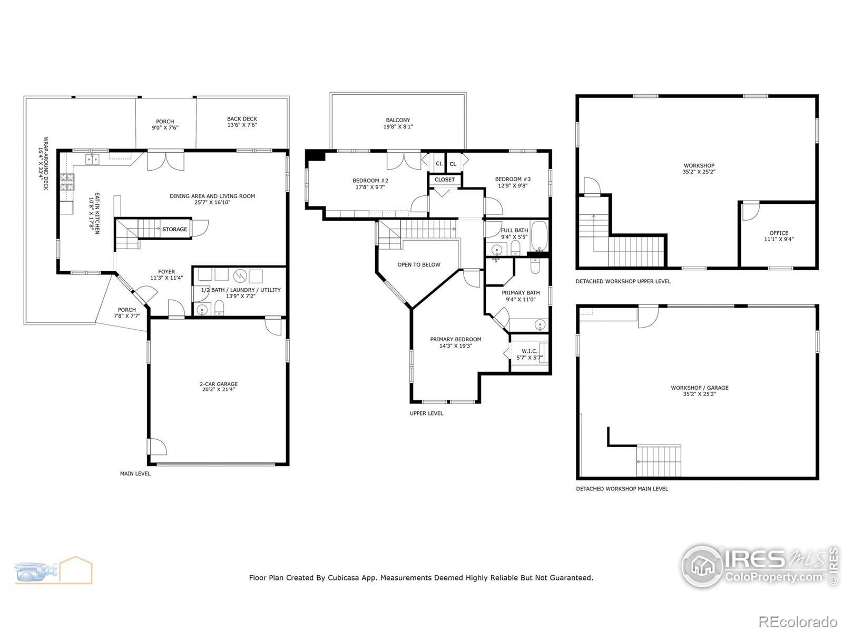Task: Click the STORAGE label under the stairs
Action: click(x=174, y=229)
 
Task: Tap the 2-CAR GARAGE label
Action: click(x=219, y=384)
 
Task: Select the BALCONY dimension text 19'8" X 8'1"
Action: click(x=398, y=126)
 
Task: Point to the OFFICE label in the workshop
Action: click(x=779, y=233)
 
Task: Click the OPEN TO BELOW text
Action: click(x=419, y=265)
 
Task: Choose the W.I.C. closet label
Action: click(x=530, y=351)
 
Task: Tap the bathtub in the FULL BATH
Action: click(x=539, y=235)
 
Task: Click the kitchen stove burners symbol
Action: click(x=67, y=182)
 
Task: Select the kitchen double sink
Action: click(x=92, y=159)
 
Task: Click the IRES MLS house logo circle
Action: click(x=702, y=566)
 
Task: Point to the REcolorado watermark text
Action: click(x=798, y=621)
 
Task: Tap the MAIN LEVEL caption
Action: click(x=135, y=473)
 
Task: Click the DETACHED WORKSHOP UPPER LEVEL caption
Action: click(x=623, y=281)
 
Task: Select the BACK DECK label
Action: click(x=242, y=119)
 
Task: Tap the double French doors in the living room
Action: click(x=166, y=162)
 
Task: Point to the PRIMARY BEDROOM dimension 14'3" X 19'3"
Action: click(x=456, y=345)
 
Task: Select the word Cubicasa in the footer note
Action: click(x=344, y=578)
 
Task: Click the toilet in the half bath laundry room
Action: click(x=219, y=308)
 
